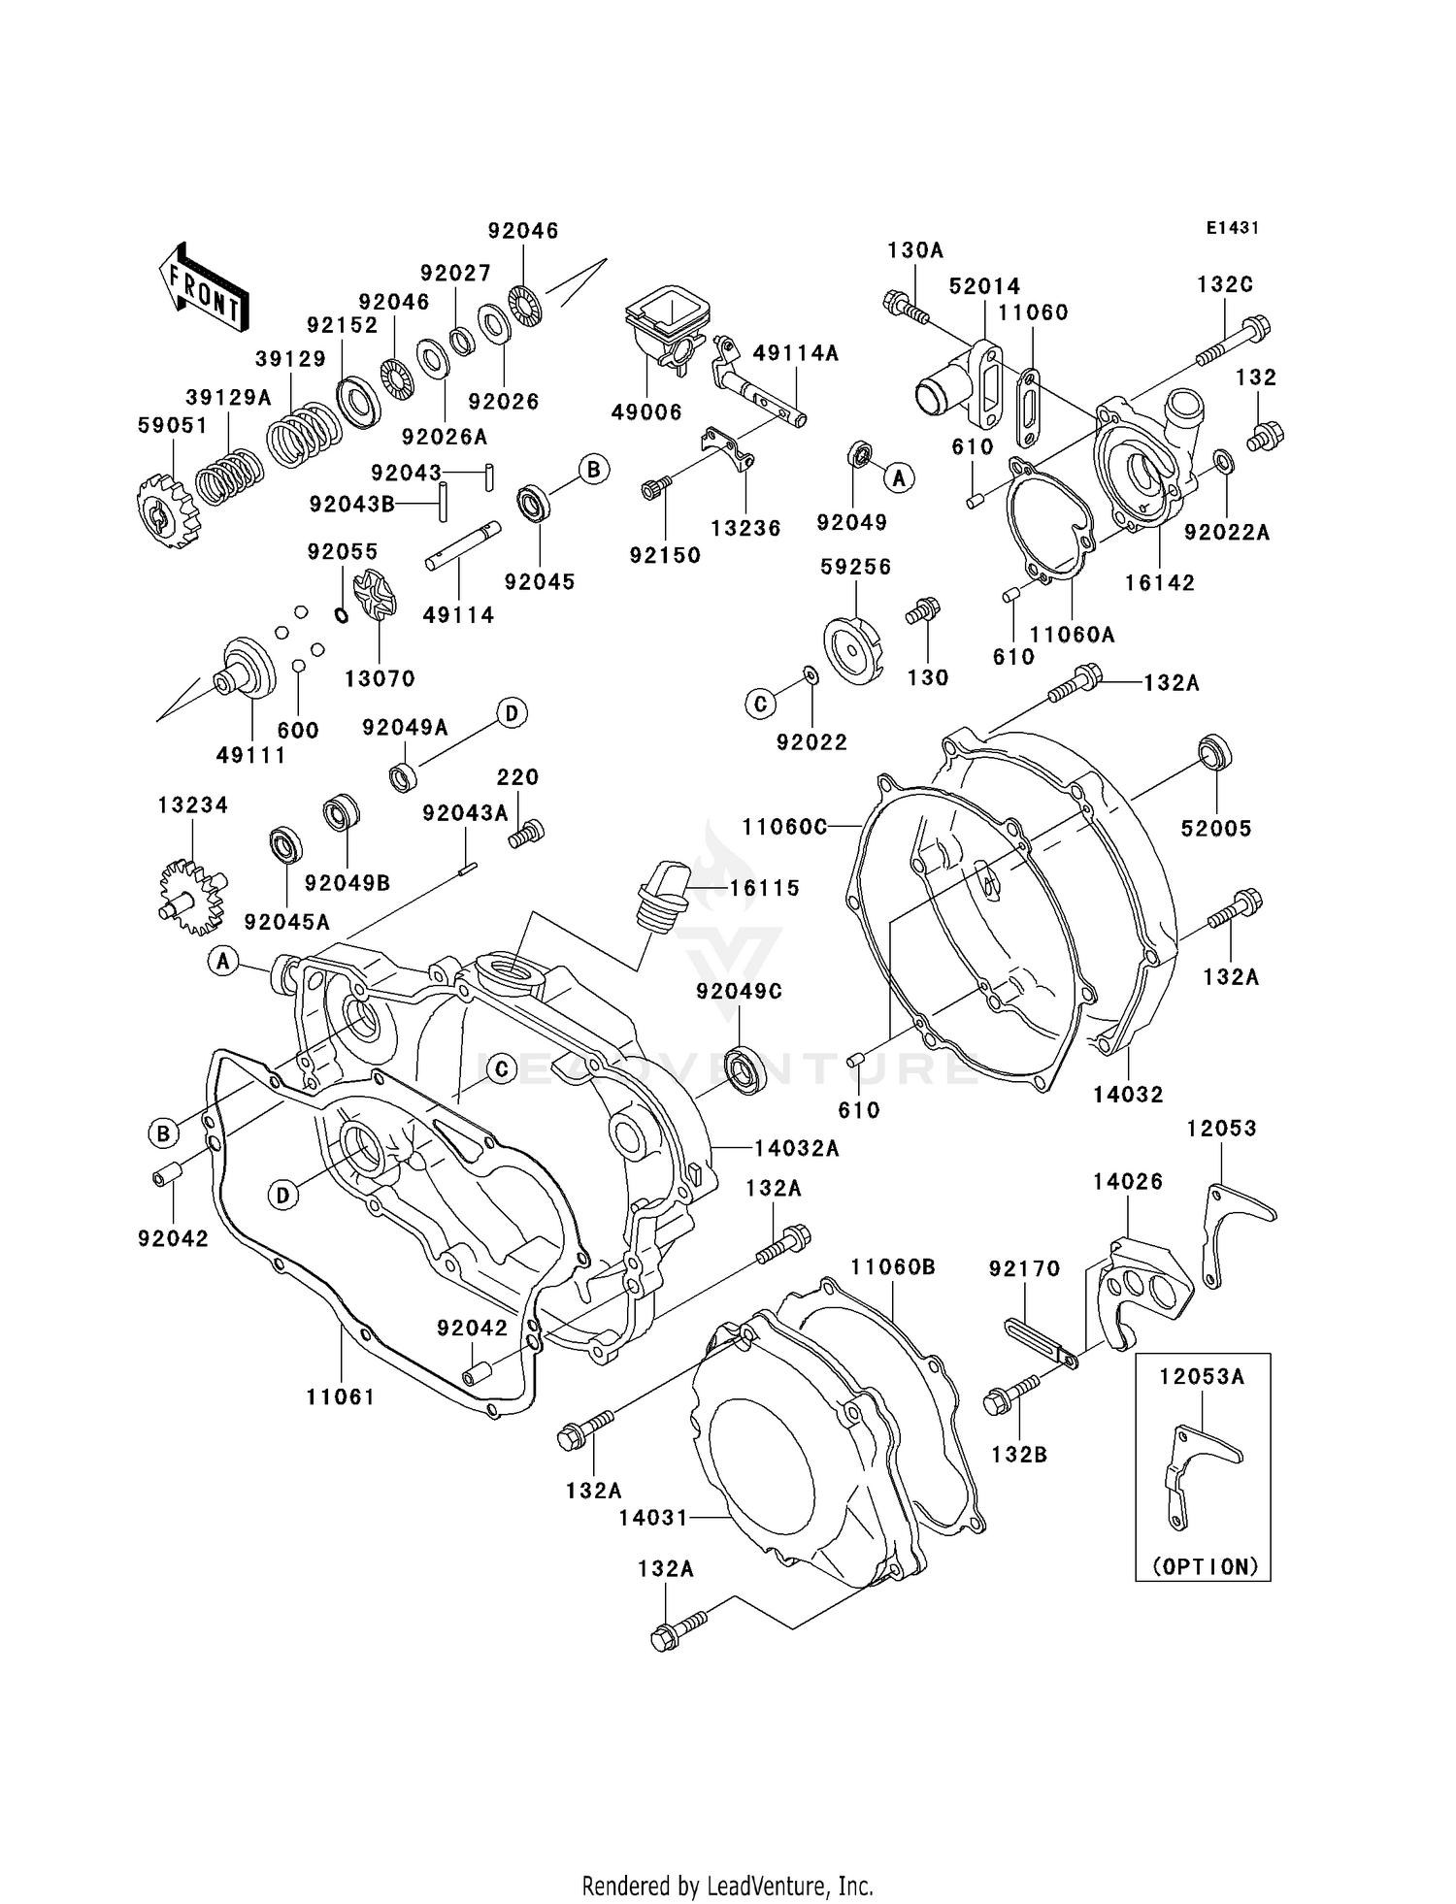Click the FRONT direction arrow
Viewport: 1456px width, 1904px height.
[x=204, y=289]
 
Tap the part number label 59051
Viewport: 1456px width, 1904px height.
[x=172, y=426]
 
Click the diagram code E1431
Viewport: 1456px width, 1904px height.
[x=1233, y=228]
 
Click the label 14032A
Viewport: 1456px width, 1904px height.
[x=796, y=1148]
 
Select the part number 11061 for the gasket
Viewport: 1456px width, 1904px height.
[x=341, y=1396]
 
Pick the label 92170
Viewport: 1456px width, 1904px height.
[x=1024, y=1268]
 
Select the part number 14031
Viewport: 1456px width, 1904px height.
[x=653, y=1517]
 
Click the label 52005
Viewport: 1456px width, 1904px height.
[x=1216, y=828]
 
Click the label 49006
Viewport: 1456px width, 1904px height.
[x=646, y=411]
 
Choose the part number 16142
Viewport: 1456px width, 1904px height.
[x=1160, y=582]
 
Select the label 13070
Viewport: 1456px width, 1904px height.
[x=380, y=678]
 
